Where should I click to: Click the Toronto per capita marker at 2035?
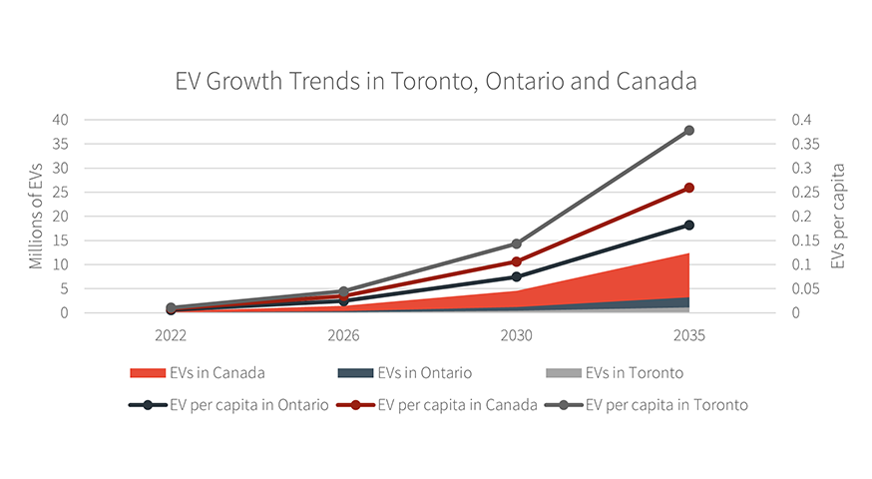(688, 131)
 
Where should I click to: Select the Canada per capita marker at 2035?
(688, 188)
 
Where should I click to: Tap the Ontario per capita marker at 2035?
(688, 225)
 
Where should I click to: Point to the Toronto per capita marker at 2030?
(516, 243)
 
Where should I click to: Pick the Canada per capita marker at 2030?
(516, 261)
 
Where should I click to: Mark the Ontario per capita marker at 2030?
(516, 276)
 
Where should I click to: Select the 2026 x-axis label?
(343, 336)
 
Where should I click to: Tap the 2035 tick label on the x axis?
(688, 336)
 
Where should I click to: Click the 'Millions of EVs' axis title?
(37, 217)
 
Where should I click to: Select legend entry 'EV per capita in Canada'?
(453, 405)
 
